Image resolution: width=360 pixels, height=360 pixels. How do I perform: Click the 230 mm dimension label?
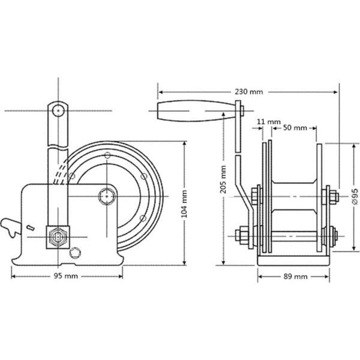[248, 92]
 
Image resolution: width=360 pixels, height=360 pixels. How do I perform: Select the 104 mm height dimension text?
[185, 203]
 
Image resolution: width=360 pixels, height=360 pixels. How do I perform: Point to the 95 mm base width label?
[67, 276]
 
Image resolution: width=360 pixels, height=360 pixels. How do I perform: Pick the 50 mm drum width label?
[295, 128]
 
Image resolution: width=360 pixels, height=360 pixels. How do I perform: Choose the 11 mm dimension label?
[259, 121]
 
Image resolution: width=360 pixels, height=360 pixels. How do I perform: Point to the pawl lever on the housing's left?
[12, 227]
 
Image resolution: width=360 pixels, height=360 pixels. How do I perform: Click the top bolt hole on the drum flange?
[107, 156]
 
